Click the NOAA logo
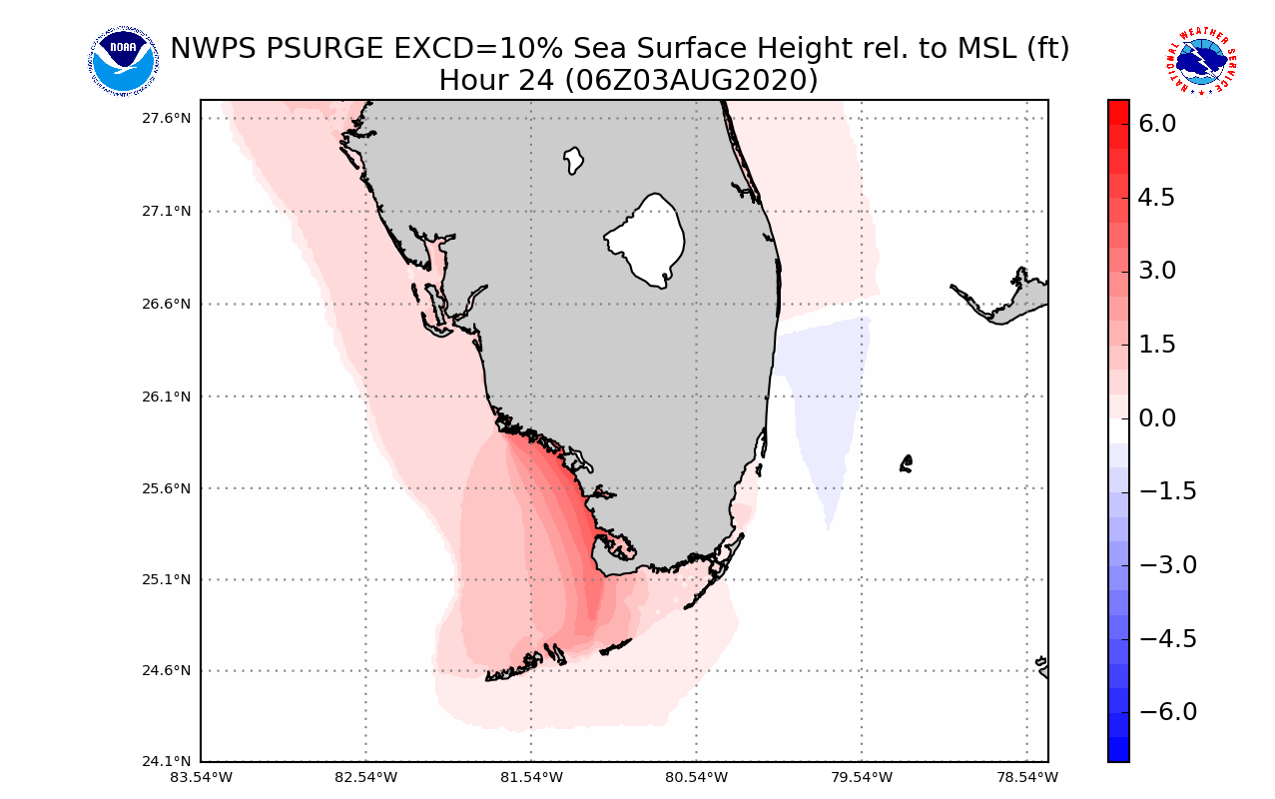coord(123,62)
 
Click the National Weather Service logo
coord(1200,62)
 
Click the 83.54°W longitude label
coord(201,777)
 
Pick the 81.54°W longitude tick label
coord(531,777)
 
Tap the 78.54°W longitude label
coord(1027,777)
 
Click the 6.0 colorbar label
coord(1156,124)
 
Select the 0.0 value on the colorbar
coord(1156,417)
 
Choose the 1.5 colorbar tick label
coord(1156,345)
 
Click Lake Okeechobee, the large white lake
coord(646,240)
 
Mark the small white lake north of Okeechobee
coord(573,159)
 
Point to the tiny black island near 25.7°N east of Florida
coord(906,463)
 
